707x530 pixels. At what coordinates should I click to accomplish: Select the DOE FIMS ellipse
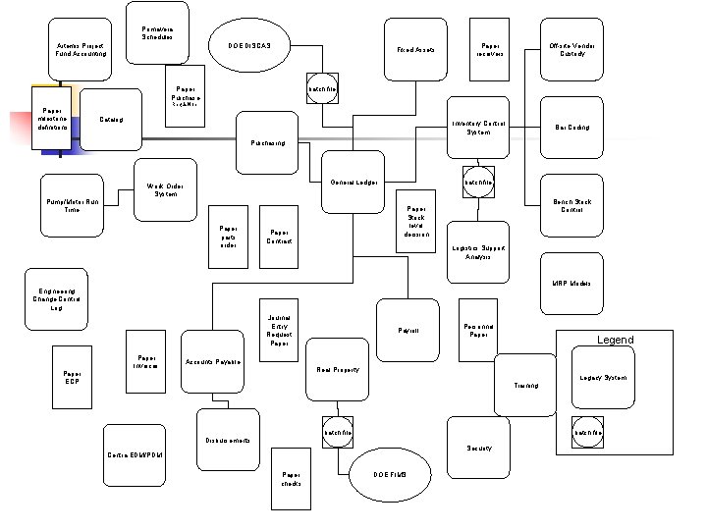coord(390,474)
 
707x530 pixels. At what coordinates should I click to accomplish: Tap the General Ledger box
coord(353,183)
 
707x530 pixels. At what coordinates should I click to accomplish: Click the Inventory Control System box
coord(478,128)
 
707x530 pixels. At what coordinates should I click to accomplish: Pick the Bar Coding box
coord(571,128)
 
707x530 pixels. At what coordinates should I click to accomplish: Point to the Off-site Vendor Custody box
coord(571,49)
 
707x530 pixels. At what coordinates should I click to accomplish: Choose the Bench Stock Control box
coord(571,205)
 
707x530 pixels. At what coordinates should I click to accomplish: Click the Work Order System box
coord(165,189)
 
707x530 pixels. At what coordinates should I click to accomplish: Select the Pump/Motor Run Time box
coord(72,205)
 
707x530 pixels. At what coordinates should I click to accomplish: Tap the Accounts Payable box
coord(213,362)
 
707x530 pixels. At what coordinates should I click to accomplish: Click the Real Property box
coord(338,370)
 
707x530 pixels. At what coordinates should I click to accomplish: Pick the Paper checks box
coord(291,479)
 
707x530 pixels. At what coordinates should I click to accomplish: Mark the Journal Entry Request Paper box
coord(279,331)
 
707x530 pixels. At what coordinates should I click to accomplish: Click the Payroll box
coord(408,331)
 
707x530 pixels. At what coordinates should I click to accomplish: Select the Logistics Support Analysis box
coord(478,252)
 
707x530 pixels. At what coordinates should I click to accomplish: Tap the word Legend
coord(616,340)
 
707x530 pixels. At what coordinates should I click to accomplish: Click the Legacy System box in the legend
coord(602,378)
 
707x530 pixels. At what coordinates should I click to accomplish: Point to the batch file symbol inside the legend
coord(588,432)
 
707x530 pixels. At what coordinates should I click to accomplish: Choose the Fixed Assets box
coord(415,49)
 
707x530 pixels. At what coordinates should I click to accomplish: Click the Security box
coord(478,449)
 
